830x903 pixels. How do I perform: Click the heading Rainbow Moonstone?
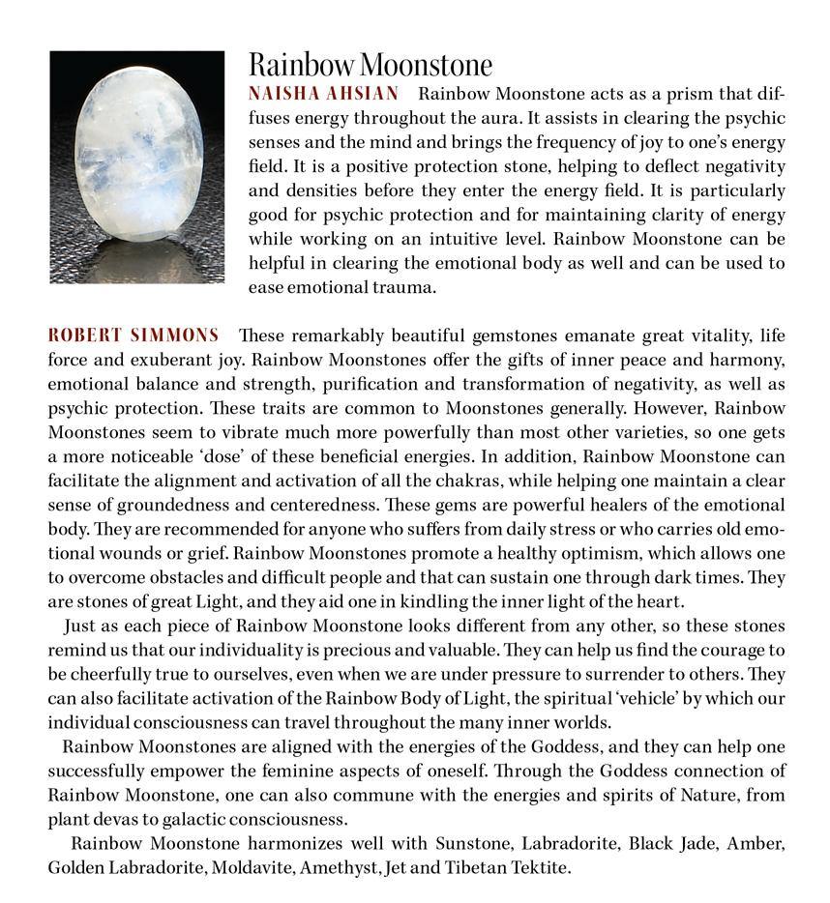tap(370, 65)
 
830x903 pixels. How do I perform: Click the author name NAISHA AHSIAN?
tap(323, 94)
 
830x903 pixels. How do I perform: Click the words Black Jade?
tap(674, 843)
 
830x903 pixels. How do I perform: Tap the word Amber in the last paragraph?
tap(760, 843)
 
